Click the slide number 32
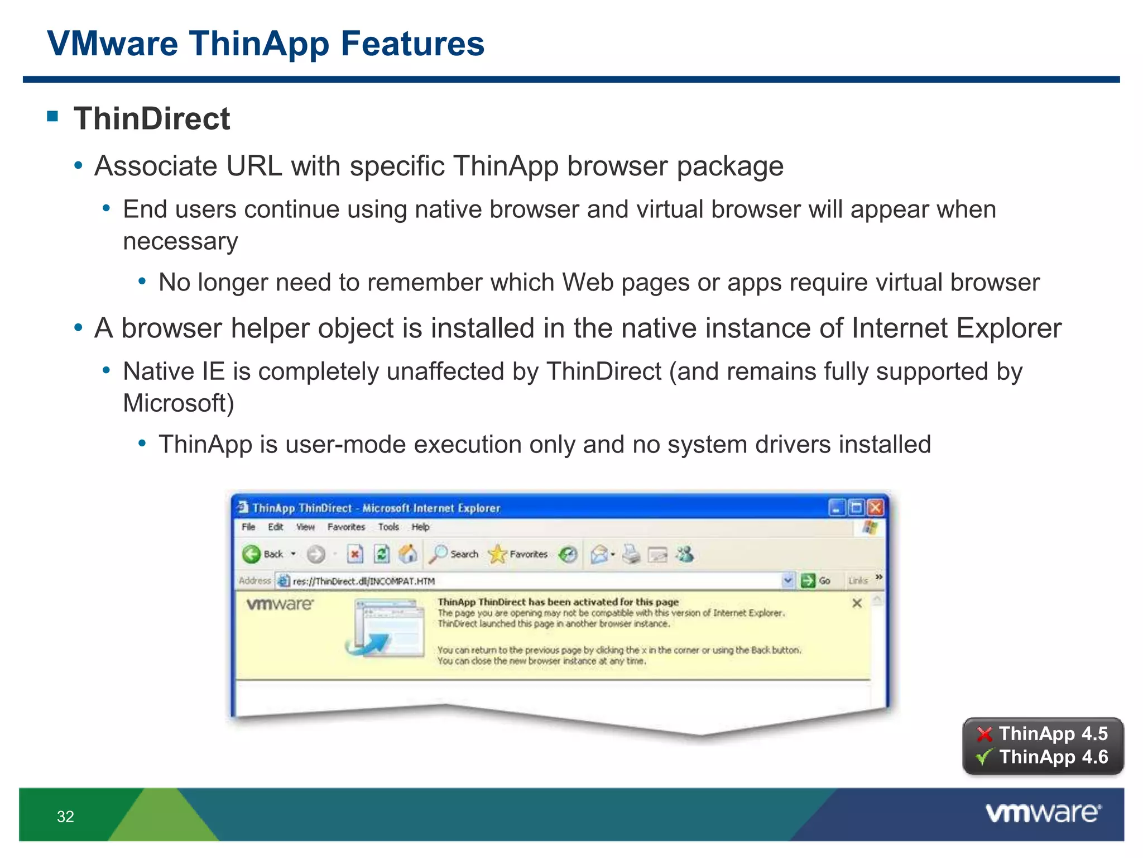65,817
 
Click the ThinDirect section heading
151,118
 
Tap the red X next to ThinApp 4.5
984,734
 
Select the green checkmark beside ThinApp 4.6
984,757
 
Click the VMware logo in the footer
1043,813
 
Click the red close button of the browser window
876,508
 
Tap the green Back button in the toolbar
252,554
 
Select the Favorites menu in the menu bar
345,527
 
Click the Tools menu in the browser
388,527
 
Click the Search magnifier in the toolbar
439,554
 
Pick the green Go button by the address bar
808,581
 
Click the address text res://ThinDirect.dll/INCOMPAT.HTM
363,581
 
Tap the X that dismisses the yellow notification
857,603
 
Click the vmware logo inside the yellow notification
280,604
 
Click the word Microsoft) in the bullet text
178,403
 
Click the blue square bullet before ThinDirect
53,116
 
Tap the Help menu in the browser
420,527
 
